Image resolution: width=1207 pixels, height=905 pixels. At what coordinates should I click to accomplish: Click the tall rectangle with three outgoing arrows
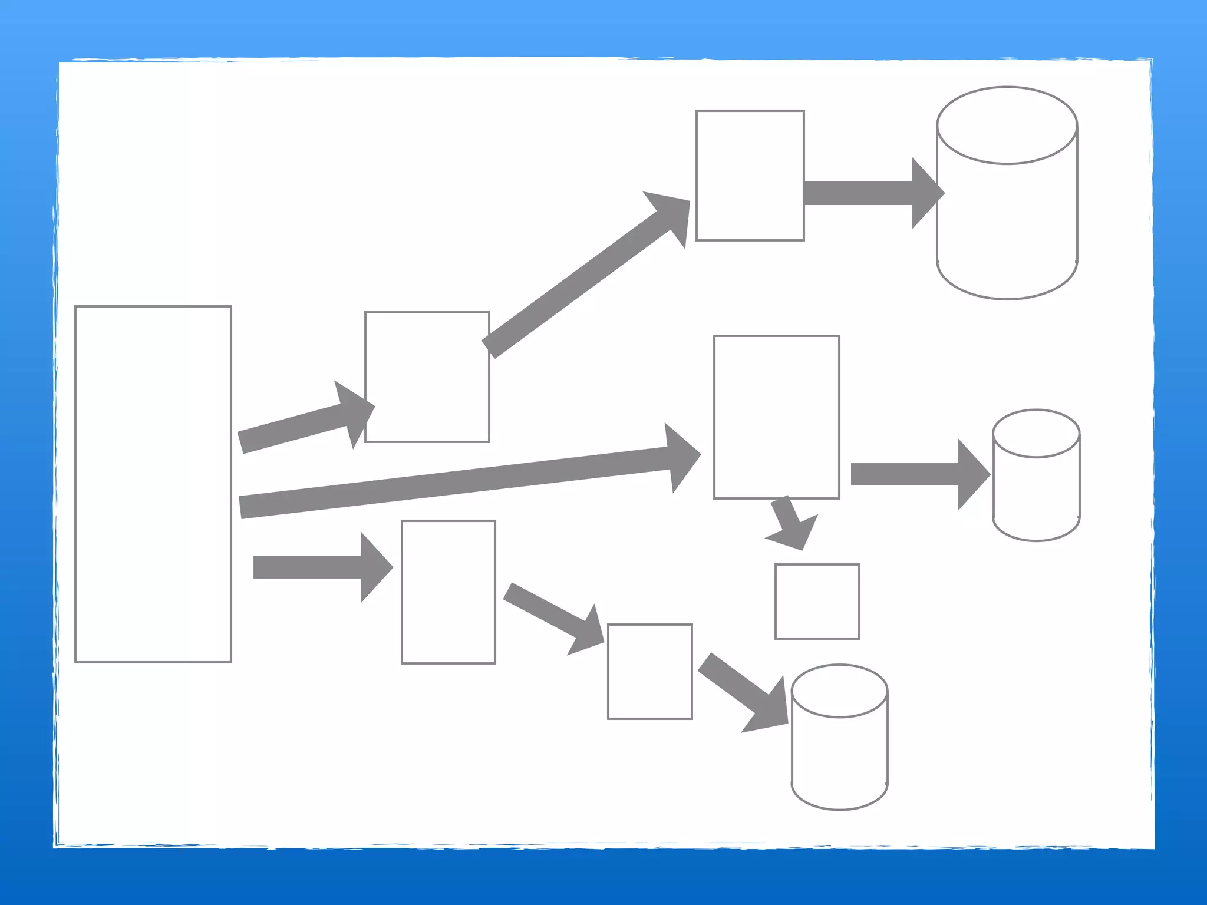click(153, 484)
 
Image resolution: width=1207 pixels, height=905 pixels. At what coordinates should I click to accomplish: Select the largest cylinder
click(1007, 212)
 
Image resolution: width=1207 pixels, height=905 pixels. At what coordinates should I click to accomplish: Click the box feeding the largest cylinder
click(750, 176)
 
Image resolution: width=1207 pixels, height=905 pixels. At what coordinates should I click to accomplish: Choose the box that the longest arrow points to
click(776, 417)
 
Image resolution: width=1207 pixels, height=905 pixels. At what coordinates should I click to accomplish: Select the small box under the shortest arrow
click(817, 602)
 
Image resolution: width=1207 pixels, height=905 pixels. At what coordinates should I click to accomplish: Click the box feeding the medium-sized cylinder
click(649, 672)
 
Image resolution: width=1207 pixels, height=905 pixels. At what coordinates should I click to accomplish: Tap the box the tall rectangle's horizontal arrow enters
click(448, 592)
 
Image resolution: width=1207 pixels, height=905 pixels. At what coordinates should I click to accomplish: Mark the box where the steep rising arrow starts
click(427, 377)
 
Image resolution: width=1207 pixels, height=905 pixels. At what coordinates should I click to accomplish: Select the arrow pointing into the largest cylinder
click(866, 193)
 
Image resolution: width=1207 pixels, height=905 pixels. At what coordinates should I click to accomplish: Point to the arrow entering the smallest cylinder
click(914, 474)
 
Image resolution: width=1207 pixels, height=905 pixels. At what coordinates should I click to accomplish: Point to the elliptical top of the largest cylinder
click(1007, 125)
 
